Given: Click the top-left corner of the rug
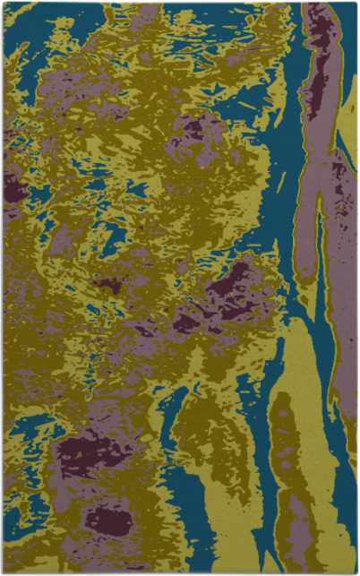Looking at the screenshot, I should pos(3,3).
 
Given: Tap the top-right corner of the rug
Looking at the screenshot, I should pos(356,3).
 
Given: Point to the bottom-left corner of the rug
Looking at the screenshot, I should pos(3,572).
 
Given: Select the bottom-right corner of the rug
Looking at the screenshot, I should pos(356,572).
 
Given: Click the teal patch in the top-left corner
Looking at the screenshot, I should pos(22,22).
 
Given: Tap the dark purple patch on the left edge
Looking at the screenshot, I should pos(13,188).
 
